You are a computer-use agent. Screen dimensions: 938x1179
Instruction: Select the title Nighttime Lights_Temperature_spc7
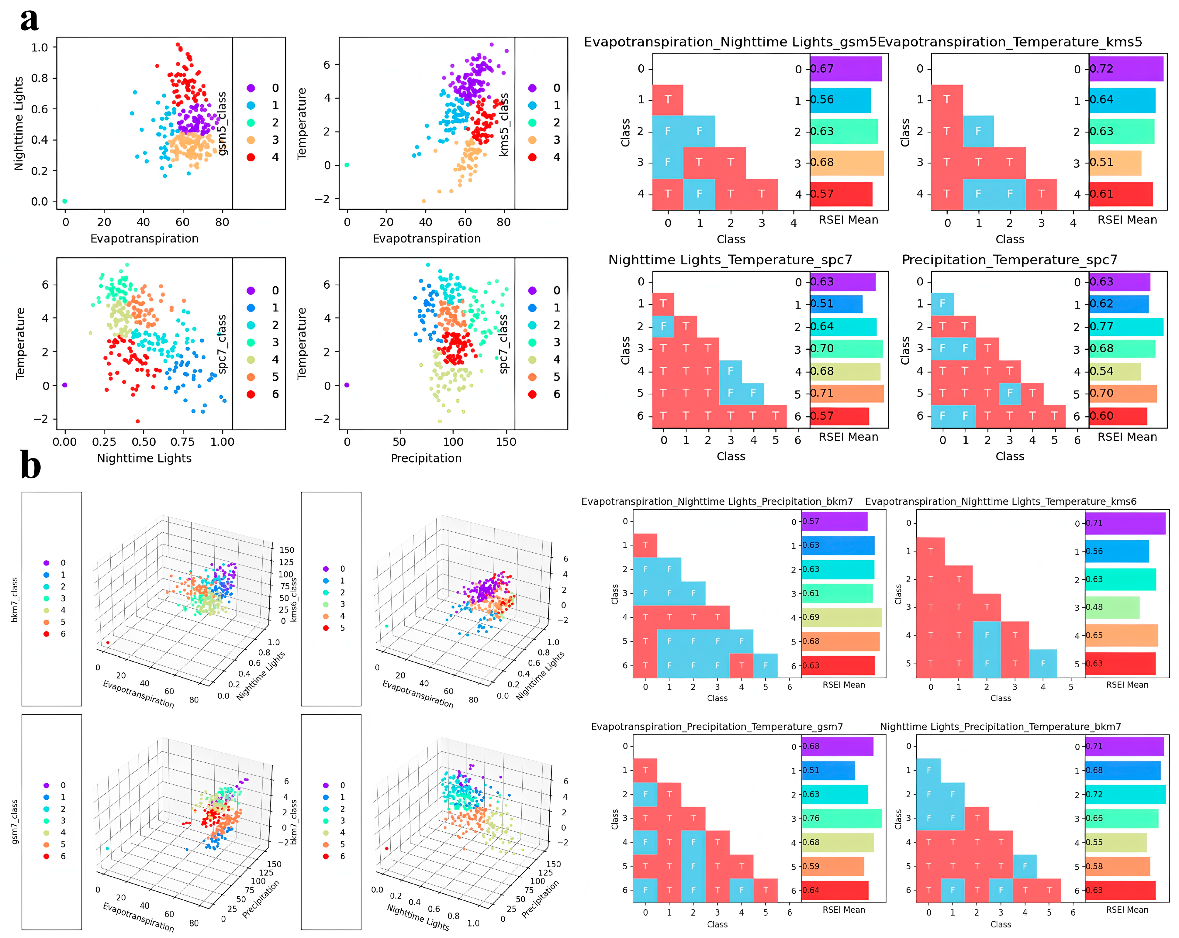pos(730,260)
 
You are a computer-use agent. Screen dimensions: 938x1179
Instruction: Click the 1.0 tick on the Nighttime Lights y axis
pos(40,48)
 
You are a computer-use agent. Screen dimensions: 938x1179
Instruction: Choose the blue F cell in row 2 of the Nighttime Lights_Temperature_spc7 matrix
pos(663,326)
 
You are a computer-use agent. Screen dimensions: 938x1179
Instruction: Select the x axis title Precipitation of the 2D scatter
pos(426,458)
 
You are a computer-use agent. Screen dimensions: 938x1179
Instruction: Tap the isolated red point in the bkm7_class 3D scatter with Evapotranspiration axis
pos(108,642)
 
